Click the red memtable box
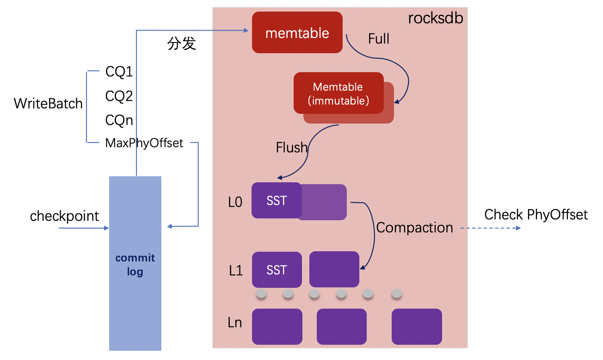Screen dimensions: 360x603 tap(297, 33)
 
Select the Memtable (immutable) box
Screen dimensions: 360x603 tap(338, 93)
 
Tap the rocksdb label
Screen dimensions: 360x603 tap(435, 19)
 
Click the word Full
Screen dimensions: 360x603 tap(379, 39)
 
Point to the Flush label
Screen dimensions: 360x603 tap(291, 148)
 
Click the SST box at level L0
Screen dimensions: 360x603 tap(277, 201)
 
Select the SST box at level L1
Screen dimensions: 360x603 tap(277, 270)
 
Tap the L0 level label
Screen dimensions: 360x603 tap(235, 202)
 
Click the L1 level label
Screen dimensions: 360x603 tap(236, 271)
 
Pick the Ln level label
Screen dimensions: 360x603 tap(235, 322)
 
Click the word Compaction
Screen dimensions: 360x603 tap(414, 228)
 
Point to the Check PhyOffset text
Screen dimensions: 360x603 tap(536, 215)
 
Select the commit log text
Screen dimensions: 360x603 tap(135, 265)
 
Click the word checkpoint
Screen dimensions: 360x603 tap(65, 216)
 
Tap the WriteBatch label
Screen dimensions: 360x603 tap(48, 103)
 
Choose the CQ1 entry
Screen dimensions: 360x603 tap(119, 72)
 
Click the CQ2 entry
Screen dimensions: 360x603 tap(119, 96)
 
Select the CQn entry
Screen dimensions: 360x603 tap(119, 120)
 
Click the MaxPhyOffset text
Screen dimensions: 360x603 tap(144, 143)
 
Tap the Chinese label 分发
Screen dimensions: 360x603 tap(182, 44)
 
